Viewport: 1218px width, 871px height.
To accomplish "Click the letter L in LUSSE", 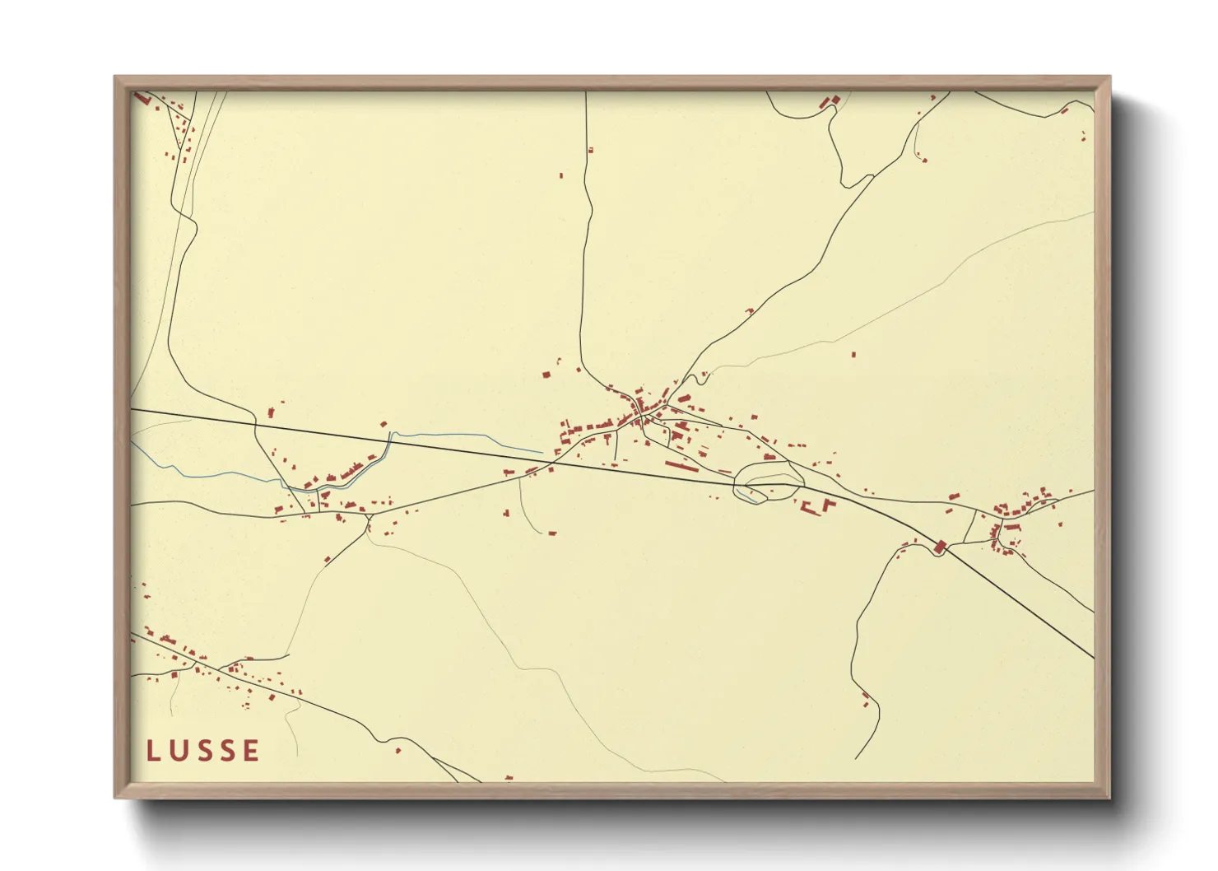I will pyautogui.click(x=152, y=750).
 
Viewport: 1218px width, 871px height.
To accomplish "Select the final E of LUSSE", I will pyautogui.click(x=251, y=750).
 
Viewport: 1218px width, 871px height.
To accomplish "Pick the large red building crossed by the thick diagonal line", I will pyautogui.click(x=940, y=546).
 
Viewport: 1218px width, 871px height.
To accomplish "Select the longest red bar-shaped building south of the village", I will pyautogui.click(x=681, y=466).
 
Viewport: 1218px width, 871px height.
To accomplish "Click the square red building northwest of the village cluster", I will pyautogui.click(x=546, y=375).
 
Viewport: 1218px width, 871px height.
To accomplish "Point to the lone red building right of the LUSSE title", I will pyautogui.click(x=398, y=750).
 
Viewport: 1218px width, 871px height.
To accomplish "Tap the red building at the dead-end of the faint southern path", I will pyautogui.click(x=552, y=533).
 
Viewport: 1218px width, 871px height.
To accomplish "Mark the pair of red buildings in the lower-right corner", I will pyautogui.click(x=866, y=699).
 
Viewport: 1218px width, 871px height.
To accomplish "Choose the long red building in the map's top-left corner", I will pyautogui.click(x=142, y=98).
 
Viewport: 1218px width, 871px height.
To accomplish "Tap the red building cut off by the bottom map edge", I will pyautogui.click(x=509, y=777).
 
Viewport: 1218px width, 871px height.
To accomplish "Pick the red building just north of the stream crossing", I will pyautogui.click(x=384, y=425).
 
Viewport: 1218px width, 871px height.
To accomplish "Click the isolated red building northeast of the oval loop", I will pyautogui.click(x=853, y=355).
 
